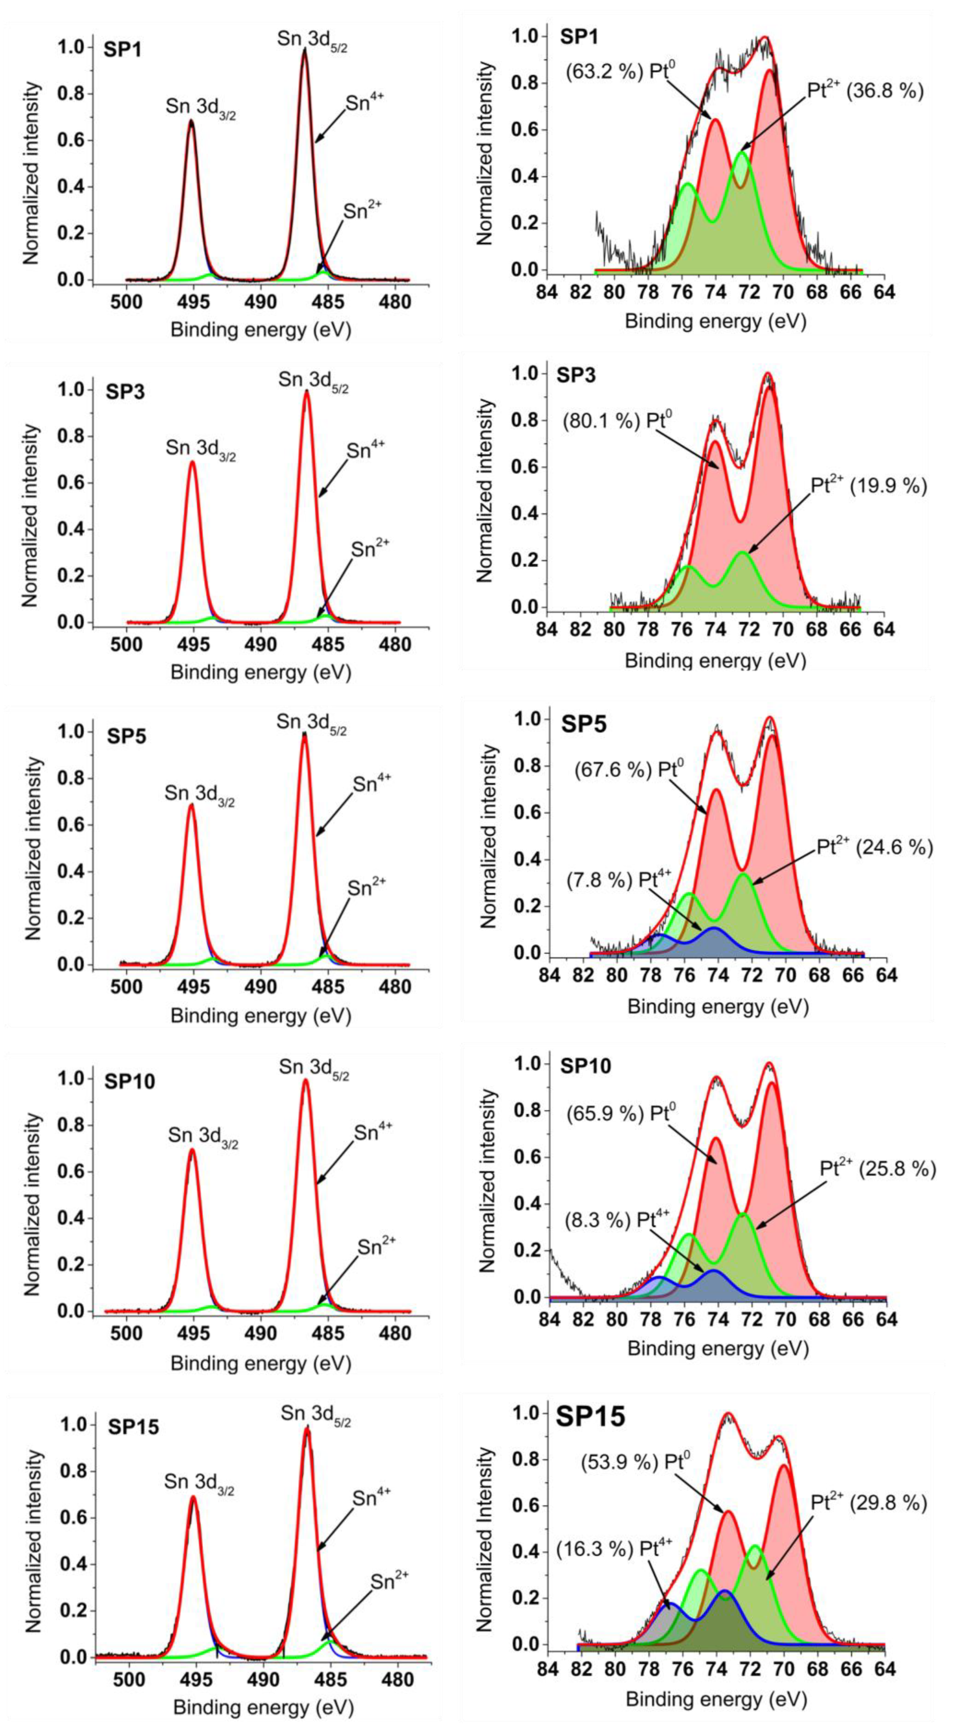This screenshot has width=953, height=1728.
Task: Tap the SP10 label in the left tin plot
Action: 130,1081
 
